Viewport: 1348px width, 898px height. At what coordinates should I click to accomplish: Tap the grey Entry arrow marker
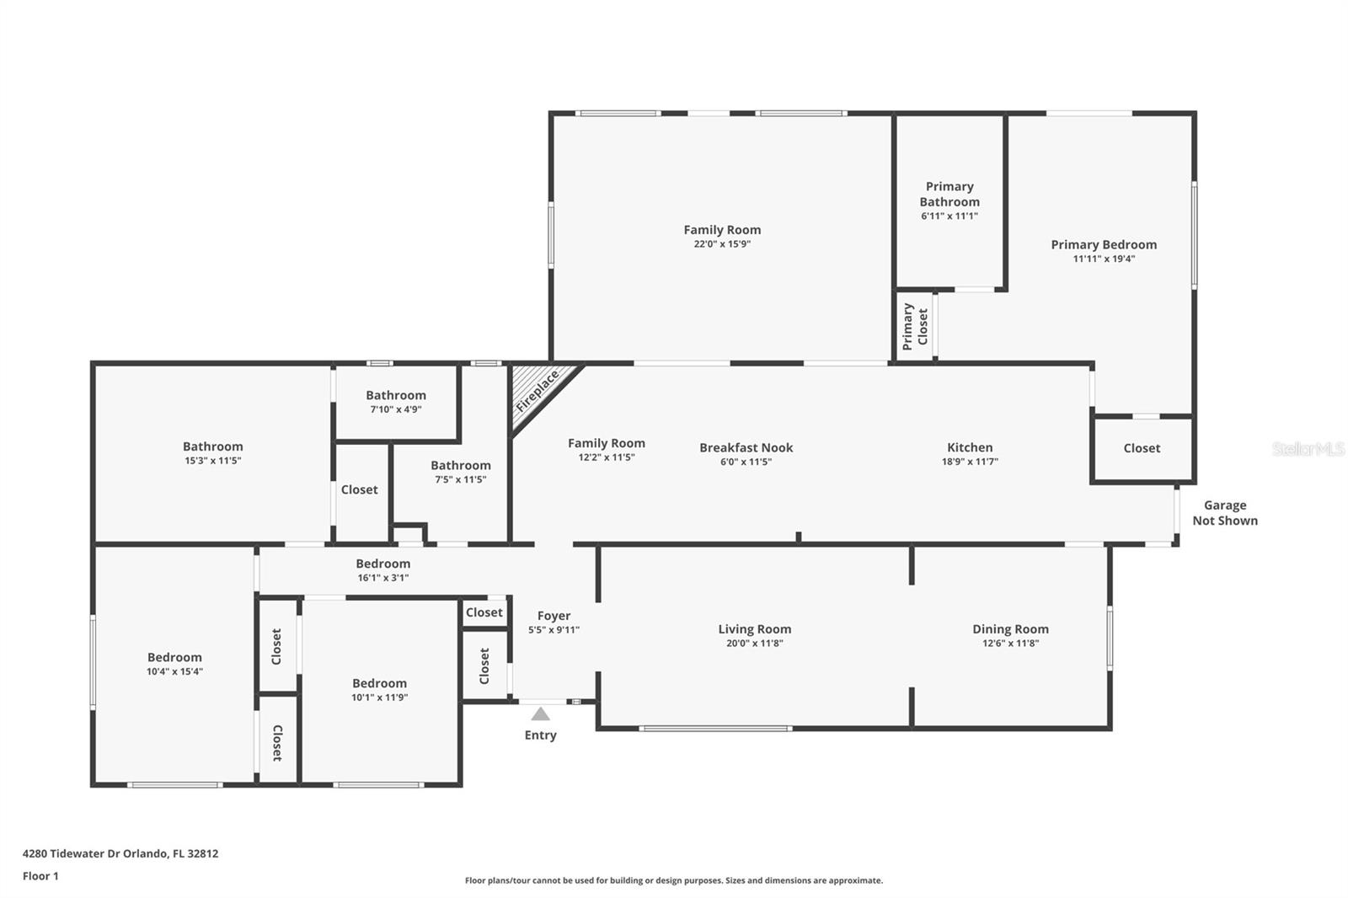540,714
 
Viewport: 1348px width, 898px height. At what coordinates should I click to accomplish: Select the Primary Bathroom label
949,194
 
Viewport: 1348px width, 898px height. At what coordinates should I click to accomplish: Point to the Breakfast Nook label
746,448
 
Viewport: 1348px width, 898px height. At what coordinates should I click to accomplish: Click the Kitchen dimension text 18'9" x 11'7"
970,462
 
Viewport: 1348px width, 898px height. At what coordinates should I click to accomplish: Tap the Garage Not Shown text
1225,513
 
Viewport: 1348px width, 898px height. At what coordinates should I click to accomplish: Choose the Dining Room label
1010,629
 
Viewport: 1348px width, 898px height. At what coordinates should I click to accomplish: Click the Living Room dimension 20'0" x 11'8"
755,644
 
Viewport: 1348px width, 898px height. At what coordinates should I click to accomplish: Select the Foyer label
554,616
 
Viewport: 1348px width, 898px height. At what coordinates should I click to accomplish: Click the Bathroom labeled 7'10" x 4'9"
396,402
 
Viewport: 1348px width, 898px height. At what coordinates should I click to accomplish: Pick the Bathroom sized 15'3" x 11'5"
213,452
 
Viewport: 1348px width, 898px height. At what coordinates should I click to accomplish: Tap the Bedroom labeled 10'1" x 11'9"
380,689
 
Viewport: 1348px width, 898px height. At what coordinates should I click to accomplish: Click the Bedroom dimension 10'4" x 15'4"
174,671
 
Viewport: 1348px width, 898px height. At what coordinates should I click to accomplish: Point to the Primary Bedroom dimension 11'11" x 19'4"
1104,259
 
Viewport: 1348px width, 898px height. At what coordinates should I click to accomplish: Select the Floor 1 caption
40,876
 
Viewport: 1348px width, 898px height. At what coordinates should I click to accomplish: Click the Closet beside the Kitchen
1142,448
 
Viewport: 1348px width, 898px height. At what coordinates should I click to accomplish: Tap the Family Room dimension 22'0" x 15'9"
722,243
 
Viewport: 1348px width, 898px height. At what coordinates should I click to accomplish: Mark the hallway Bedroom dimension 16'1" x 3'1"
383,578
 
